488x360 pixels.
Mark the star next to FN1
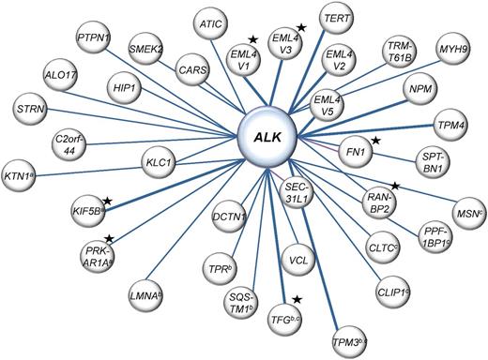pos(376,141)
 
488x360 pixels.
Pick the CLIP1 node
pos(395,289)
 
